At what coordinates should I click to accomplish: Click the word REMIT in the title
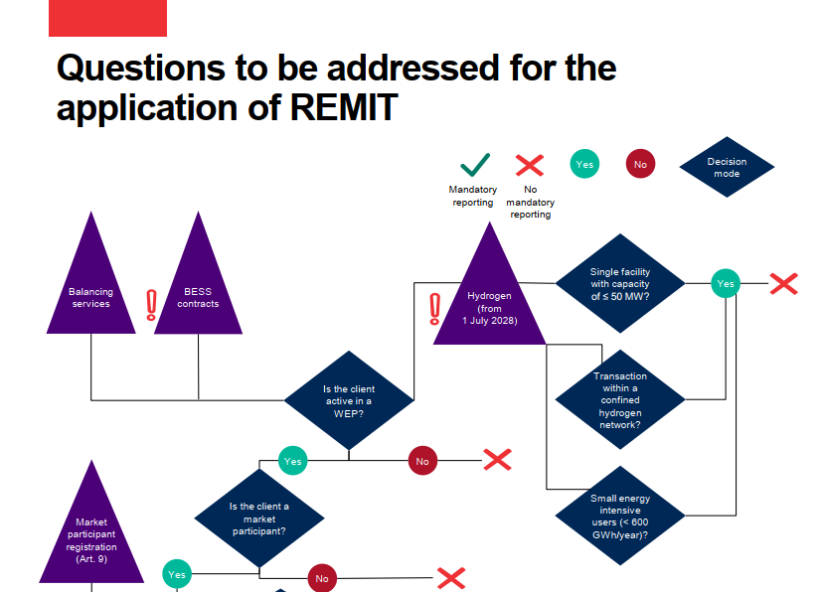[343, 107]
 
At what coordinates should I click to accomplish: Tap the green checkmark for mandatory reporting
[473, 165]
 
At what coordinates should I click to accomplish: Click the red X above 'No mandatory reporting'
[530, 165]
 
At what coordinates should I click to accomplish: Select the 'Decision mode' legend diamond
[727, 167]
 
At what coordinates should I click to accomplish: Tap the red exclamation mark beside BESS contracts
[151, 305]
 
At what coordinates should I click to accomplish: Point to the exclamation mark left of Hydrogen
[434, 309]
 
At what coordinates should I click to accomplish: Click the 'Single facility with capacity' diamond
[619, 284]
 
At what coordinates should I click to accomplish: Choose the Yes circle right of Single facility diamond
[726, 284]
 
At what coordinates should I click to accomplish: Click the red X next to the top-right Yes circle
[783, 284]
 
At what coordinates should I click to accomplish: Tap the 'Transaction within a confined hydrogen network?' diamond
[619, 400]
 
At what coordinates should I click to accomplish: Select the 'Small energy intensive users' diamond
[619, 516]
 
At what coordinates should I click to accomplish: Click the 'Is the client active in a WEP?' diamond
[349, 401]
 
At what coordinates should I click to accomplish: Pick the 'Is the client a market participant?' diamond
[259, 517]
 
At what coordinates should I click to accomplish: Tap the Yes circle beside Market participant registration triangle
[177, 573]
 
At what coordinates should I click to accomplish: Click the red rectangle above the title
[107, 18]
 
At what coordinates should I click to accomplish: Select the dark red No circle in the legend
[640, 165]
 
